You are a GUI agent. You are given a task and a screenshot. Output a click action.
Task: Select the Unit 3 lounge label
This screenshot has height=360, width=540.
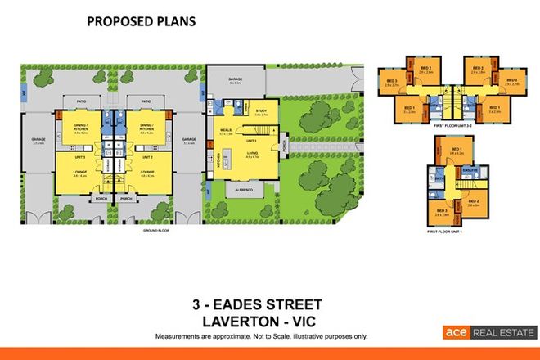(79, 172)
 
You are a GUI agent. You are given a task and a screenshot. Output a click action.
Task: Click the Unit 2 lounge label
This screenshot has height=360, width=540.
(147, 172)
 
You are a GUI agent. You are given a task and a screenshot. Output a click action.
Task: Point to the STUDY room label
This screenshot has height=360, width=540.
(261, 110)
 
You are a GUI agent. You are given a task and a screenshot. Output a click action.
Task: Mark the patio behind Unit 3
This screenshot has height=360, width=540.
(81, 102)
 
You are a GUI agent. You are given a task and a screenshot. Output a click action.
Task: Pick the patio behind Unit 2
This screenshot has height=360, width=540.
(145, 102)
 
